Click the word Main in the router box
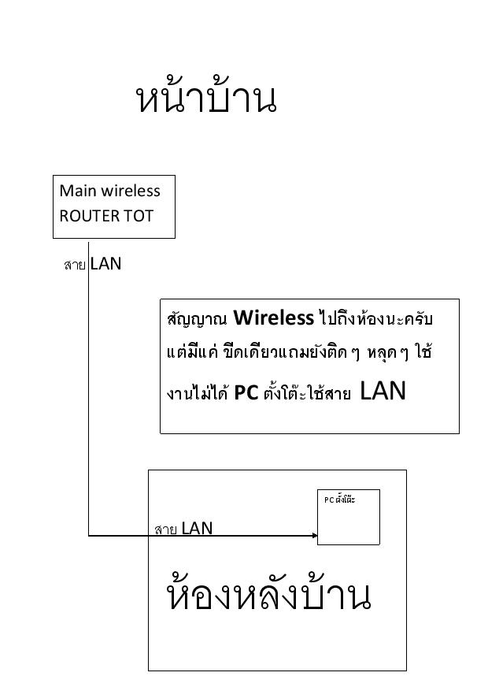77,191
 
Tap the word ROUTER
90,216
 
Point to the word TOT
139,216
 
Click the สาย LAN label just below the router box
92,264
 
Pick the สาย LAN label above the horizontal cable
183,528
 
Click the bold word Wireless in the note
273,318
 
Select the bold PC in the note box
246,392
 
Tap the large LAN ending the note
383,391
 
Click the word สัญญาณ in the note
197,318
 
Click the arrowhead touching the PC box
315,536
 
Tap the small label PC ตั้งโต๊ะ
339,500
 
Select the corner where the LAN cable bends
88,536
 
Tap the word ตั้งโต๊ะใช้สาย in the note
307,392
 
